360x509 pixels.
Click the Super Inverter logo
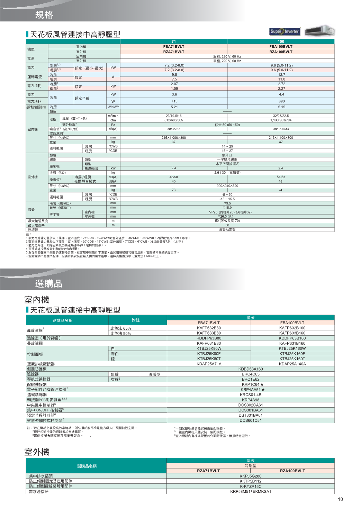(285, 31)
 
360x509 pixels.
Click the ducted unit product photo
(320, 31)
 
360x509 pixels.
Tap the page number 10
(340, 499)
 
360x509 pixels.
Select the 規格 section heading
(44, 15)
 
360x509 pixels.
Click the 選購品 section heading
(49, 284)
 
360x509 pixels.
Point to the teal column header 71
(173, 42)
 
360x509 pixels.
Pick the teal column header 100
(281, 42)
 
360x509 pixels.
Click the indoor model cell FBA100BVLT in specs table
(281, 47)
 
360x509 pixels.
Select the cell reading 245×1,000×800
(173, 138)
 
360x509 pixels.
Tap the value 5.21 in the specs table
(174, 107)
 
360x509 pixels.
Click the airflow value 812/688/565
(173, 120)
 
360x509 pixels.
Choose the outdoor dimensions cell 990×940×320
(227, 186)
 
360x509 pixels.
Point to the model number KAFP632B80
(209, 328)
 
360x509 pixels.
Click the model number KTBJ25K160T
(292, 359)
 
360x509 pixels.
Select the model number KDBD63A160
(251, 369)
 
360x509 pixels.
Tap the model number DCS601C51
(251, 421)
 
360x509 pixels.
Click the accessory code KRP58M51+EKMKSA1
(251, 491)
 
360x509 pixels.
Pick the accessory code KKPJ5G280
(251, 476)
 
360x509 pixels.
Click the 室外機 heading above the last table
(37, 452)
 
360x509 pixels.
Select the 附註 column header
(136, 320)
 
